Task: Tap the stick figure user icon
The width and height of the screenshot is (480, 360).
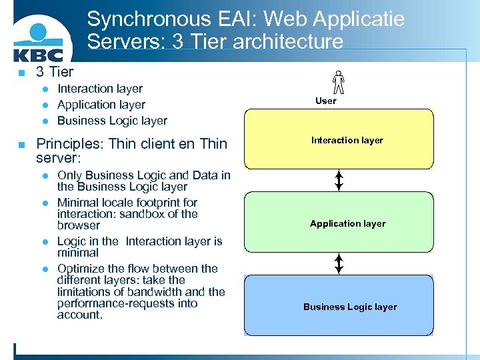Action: pos(339,82)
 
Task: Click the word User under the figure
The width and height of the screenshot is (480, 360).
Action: pos(326,101)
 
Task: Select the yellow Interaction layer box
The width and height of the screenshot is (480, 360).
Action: pos(339,139)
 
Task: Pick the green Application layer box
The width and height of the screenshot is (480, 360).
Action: pos(339,223)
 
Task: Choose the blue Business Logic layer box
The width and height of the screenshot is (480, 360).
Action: pos(339,306)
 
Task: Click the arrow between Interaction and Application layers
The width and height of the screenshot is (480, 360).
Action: pos(339,180)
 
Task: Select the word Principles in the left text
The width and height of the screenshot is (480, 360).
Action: pos(69,143)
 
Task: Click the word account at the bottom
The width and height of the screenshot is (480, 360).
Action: pos(79,315)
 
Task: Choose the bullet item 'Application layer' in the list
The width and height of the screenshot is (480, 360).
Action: pos(101,105)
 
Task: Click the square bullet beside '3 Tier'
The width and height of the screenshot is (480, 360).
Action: pos(21,72)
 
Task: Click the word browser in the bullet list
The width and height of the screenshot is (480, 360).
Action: pos(78,225)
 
